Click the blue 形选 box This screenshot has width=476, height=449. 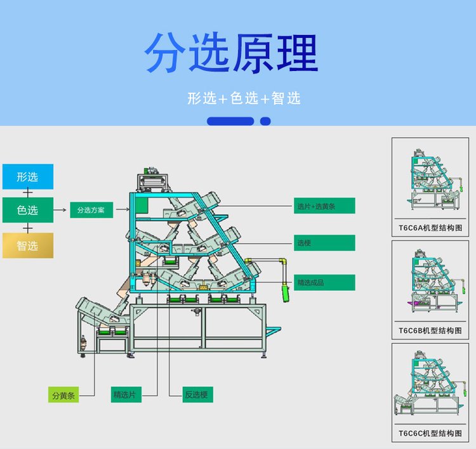click(x=28, y=177)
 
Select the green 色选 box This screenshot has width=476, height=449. click(x=28, y=210)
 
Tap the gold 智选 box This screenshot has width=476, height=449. click(x=28, y=245)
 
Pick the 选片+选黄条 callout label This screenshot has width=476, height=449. click(x=324, y=206)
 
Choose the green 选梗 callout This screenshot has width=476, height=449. click(x=324, y=243)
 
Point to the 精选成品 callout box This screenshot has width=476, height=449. click(x=324, y=282)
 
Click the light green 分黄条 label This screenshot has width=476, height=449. click(x=63, y=395)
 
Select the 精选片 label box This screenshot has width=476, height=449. click(x=125, y=394)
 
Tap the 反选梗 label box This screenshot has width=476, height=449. click(x=196, y=394)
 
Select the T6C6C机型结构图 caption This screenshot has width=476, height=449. click(x=430, y=433)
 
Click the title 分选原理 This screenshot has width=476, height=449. click(x=231, y=54)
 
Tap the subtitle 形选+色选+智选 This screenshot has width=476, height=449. click(x=244, y=98)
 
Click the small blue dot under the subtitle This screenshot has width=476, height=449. click(x=265, y=121)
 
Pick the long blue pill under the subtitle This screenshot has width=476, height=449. click(x=230, y=121)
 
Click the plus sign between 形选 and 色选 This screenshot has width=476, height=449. click(x=28, y=193)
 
